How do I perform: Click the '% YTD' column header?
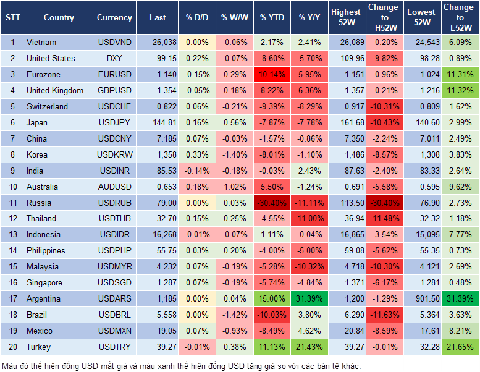coord(272,17)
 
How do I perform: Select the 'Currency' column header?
coord(114,17)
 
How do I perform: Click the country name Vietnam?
coord(41,42)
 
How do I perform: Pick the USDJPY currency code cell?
coord(114,122)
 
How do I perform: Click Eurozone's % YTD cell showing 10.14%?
coord(272,74)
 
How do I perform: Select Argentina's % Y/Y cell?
coord(310,298)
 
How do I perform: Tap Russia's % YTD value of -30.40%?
coord(272,203)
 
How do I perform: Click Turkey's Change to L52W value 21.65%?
coord(459,347)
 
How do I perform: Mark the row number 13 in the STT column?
coord(12,234)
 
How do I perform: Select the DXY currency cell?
coord(114,58)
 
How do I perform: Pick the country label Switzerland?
coord(48,106)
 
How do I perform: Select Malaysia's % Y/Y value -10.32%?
coord(310,266)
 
